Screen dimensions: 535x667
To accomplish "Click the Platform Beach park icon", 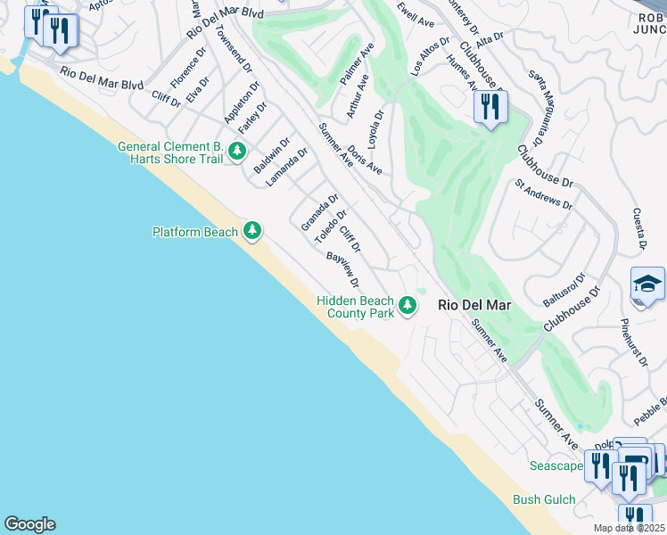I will point(252,232).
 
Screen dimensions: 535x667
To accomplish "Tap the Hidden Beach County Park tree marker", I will point(408,306).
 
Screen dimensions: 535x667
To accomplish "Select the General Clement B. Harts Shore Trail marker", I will point(236,152).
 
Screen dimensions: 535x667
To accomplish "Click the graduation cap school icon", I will point(647,285).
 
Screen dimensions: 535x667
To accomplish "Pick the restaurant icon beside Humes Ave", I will point(490,108).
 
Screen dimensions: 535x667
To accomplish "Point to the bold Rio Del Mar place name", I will point(475,305).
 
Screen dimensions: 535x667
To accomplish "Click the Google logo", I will point(29,524).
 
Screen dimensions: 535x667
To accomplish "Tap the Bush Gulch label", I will point(544,500).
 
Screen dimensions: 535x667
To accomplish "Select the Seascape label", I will point(556,465).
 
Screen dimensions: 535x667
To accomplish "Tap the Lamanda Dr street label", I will point(287,167).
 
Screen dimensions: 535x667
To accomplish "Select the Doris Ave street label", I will point(366,160).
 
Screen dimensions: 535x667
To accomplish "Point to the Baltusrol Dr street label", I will point(564,290).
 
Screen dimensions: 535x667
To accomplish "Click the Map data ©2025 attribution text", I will point(630,528).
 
